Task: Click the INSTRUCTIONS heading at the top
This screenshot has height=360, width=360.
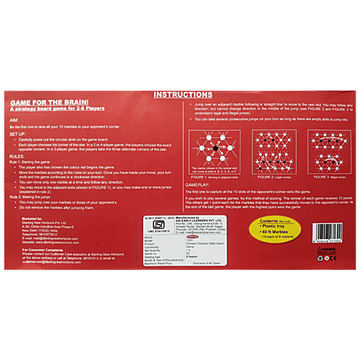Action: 182,94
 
